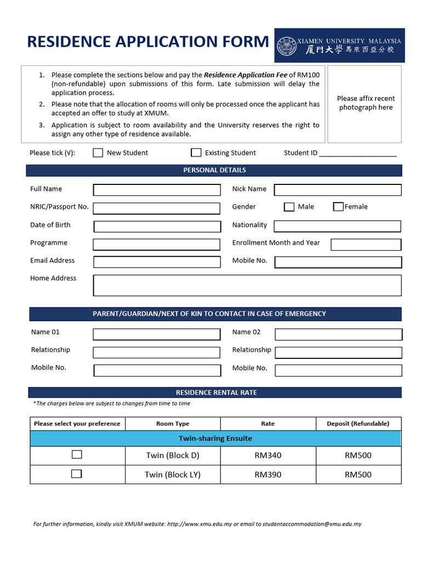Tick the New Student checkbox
pos(98,153)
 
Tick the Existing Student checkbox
pos(196,153)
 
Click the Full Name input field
pos(157,190)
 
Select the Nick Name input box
pos(338,190)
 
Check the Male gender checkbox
pos(289,207)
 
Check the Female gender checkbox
pos(338,207)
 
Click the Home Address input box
pos(247,285)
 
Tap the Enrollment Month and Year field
pos(366,244)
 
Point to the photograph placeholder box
pos(366,103)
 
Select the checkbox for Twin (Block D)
pos(77,454)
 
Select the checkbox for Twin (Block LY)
pos(77,474)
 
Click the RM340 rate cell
pos(268,456)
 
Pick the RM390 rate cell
pos(268,475)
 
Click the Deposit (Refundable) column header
pos(358,424)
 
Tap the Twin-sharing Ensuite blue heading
pos(215,439)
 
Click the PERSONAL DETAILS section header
pos(214,170)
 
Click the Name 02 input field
pos(338,334)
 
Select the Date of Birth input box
pos(157,226)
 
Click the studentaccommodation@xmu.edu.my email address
pos(312,524)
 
